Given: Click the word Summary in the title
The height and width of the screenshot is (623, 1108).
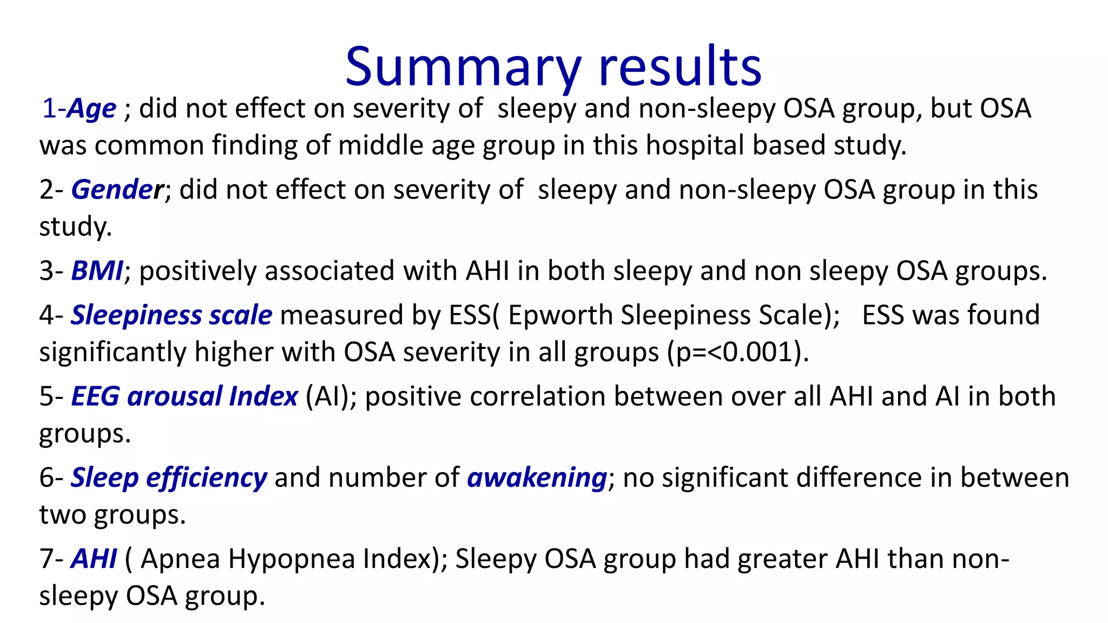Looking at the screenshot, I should click(463, 67).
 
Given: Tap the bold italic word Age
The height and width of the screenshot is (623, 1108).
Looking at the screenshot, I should click(91, 109).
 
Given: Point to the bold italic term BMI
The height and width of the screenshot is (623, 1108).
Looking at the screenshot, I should click(97, 271).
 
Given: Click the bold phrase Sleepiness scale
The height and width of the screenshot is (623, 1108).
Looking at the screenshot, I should click(172, 315).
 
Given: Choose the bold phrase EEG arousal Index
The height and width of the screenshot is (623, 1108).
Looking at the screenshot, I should click(184, 396).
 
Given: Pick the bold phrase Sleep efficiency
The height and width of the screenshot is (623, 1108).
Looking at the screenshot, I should click(169, 478).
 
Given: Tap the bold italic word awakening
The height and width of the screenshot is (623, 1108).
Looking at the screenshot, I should click(537, 478).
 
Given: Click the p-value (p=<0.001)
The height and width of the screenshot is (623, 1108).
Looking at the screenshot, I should click(738, 353).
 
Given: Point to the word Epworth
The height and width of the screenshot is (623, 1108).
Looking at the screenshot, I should click(560, 315).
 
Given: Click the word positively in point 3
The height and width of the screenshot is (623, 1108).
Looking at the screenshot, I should click(198, 271).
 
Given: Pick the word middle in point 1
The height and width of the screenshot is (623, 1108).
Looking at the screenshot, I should click(377, 145).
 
